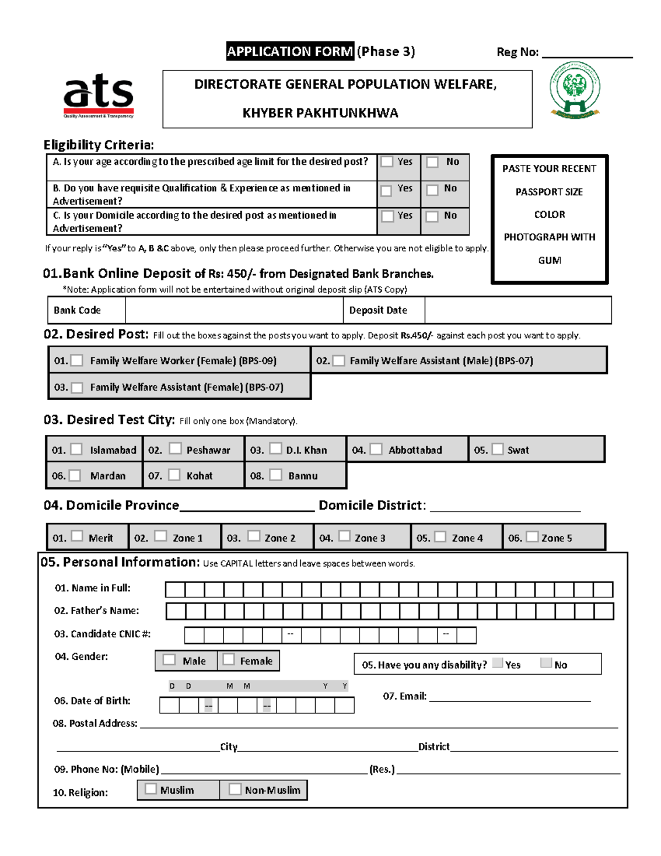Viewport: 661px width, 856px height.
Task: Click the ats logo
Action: point(99,95)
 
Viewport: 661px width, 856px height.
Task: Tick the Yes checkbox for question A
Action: point(387,161)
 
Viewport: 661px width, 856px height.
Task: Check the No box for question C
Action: point(432,216)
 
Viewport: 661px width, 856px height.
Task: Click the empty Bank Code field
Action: point(234,310)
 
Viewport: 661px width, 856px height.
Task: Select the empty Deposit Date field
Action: point(518,310)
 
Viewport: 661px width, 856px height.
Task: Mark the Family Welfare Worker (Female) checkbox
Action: point(77,360)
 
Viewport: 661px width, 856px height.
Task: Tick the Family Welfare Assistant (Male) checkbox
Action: point(339,360)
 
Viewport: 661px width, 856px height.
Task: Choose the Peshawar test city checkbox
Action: point(175,449)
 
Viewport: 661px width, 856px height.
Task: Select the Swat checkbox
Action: point(497,449)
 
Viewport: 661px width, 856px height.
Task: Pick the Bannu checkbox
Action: point(276,475)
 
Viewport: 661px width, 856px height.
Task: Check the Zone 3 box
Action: point(344,536)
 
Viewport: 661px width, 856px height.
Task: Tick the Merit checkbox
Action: point(77,536)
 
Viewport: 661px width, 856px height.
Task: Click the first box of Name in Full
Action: point(175,590)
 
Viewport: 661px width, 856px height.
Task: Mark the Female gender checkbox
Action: point(229,660)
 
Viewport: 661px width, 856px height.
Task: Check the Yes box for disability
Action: point(497,663)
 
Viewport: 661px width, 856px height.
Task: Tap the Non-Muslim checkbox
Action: point(235,789)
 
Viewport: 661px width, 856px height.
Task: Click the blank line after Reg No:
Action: point(587,54)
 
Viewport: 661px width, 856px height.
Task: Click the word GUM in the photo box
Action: point(549,260)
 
